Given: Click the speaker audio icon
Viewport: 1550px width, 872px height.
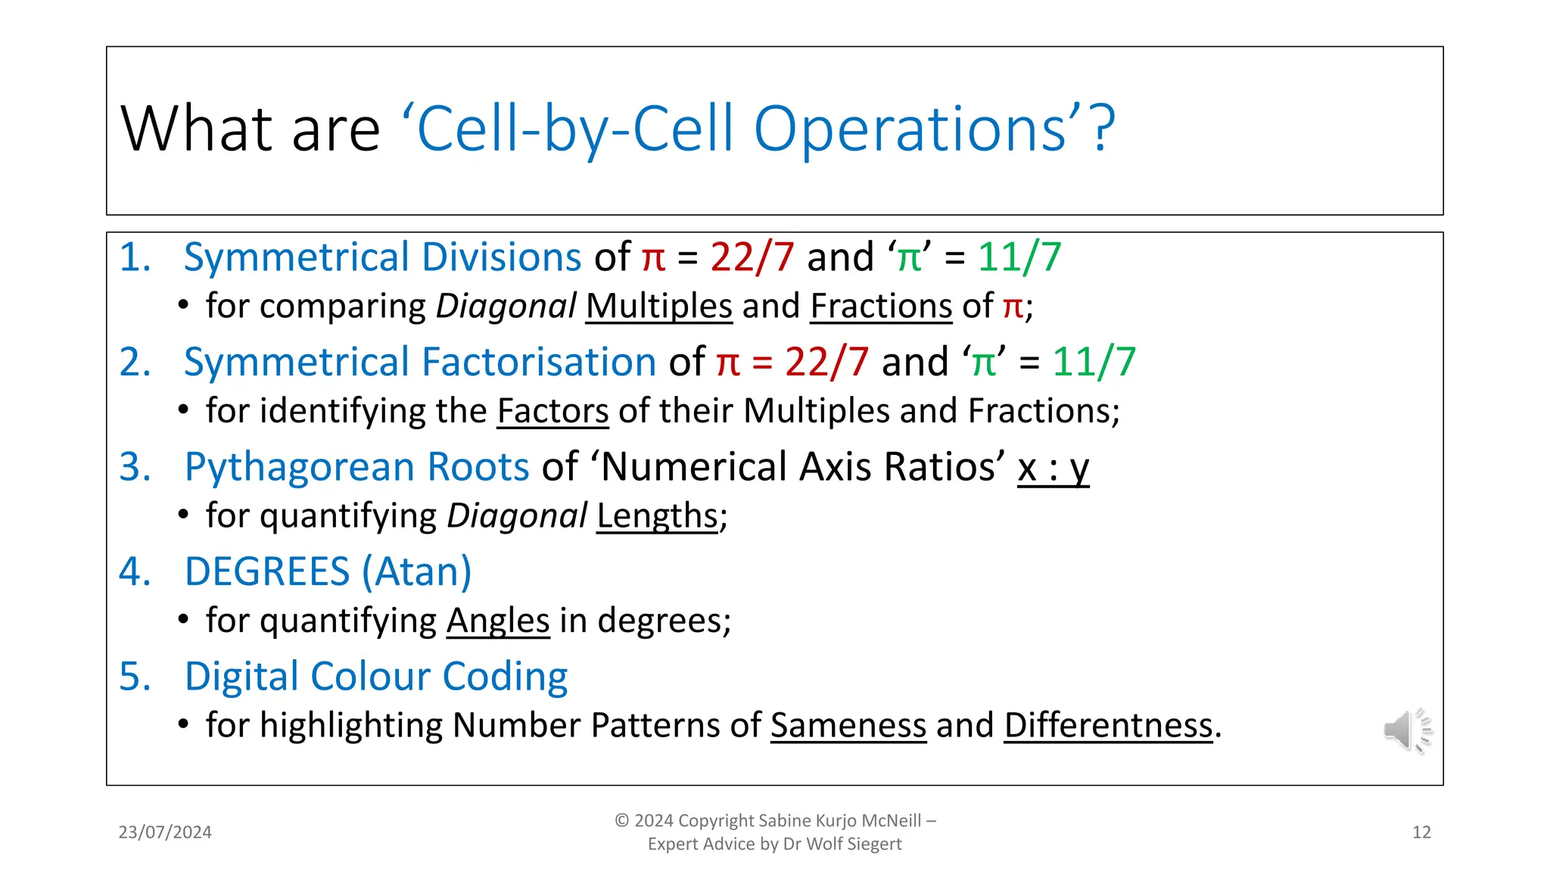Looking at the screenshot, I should (x=1406, y=730).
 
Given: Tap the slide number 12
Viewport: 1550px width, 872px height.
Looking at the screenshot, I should (x=1421, y=833).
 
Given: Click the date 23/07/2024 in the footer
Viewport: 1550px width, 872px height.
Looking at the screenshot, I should (x=165, y=833).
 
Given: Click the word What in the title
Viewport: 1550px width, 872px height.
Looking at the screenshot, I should (x=195, y=129).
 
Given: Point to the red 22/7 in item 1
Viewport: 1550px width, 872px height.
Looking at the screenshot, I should (x=752, y=257).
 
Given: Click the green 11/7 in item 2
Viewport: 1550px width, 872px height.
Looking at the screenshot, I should (x=1094, y=362).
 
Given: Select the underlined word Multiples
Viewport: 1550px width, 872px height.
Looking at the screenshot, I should (x=658, y=307).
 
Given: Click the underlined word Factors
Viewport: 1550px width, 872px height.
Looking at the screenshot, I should (x=552, y=411).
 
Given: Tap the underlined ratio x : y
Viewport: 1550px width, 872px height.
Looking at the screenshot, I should (x=1053, y=467).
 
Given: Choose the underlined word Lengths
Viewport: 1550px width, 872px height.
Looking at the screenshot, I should (x=657, y=516).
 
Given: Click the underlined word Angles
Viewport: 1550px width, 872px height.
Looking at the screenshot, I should (x=498, y=621).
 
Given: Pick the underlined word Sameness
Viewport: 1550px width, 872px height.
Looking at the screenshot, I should (x=848, y=725).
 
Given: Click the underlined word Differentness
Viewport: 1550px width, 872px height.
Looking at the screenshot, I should (x=1108, y=725).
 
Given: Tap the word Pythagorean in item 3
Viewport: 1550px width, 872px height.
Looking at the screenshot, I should (x=299, y=467).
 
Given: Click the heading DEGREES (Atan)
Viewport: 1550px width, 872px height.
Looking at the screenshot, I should (x=328, y=571).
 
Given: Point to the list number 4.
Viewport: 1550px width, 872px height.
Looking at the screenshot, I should (x=134, y=571).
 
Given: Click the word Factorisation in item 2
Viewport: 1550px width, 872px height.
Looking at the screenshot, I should (x=538, y=362).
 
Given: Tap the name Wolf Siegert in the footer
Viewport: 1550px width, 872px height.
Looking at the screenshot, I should (x=854, y=844).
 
